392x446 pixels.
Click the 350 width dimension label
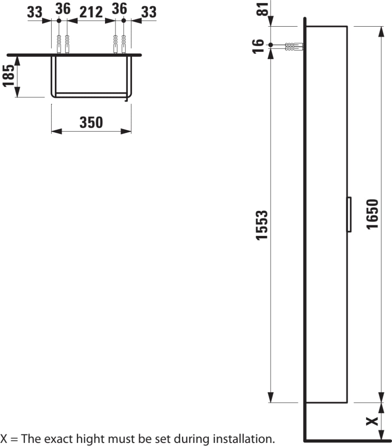[91, 122]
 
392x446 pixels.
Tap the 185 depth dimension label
[9, 76]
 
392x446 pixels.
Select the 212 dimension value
[91, 12]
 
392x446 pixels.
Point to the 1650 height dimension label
[372, 214]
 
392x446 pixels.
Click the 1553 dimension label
[262, 225]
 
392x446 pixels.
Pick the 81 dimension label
[263, 9]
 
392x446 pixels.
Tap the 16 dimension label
[258, 46]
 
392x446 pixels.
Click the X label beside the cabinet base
[372, 421]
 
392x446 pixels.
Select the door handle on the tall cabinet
[349, 214]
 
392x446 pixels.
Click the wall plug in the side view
[294, 47]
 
